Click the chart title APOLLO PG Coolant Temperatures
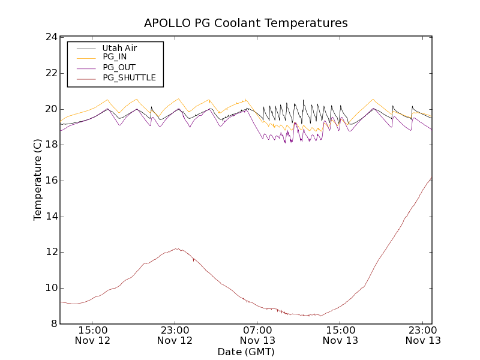pyautogui.click(x=245, y=23)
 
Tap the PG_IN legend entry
pyautogui.click(x=115, y=57)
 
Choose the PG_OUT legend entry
pyautogui.click(x=119, y=67)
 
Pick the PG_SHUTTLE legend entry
pyautogui.click(x=129, y=77)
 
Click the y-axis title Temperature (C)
pyautogui.click(x=38, y=179)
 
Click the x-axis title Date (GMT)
pyautogui.click(x=245, y=352)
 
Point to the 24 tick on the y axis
pyautogui.click(x=51, y=37)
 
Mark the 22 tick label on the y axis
pyautogui.click(x=51, y=73)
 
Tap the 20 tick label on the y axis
pyautogui.click(x=51, y=109)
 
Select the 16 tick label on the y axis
pyautogui.click(x=51, y=181)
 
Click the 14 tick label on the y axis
pyautogui.click(x=51, y=217)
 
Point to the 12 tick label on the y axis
pyautogui.click(x=51, y=252)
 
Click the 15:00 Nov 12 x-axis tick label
pyautogui.click(x=92, y=335)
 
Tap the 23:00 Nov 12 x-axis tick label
pyautogui.click(x=175, y=335)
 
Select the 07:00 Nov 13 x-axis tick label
pyautogui.click(x=258, y=335)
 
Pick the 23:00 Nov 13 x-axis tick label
pyautogui.click(x=424, y=335)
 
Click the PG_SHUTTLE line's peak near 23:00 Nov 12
pyautogui.click(x=176, y=248)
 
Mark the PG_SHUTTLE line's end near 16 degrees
pyautogui.click(x=431, y=178)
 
